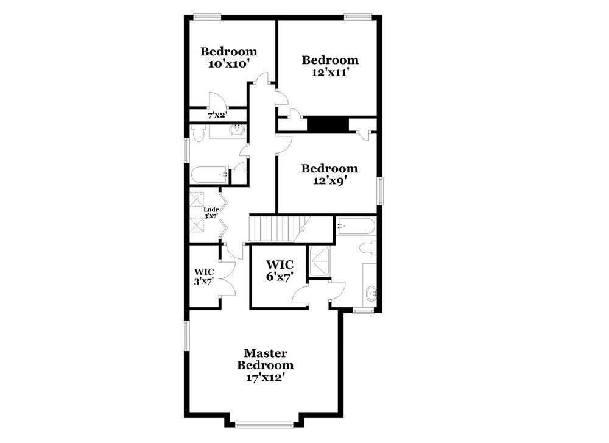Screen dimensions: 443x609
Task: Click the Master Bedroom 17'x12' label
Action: [x=265, y=365]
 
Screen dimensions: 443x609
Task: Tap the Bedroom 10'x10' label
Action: [x=228, y=57]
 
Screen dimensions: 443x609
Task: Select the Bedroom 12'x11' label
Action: [x=329, y=66]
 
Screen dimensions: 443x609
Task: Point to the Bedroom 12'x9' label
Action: [x=329, y=174]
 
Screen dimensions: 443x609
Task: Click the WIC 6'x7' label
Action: [x=280, y=271]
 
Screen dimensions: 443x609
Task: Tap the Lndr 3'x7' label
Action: [x=211, y=213]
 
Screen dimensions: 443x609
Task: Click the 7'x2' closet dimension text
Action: [x=217, y=115]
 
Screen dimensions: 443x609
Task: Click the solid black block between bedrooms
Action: [x=327, y=124]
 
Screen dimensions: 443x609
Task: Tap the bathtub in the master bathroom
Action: [x=356, y=227]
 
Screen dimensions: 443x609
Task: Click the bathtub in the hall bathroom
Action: [x=209, y=175]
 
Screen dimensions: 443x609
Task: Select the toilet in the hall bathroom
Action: [x=198, y=133]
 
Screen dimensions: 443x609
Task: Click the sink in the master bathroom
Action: [x=371, y=295]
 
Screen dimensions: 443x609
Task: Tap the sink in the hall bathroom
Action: [x=237, y=129]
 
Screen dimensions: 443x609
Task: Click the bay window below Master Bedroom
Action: [x=266, y=424]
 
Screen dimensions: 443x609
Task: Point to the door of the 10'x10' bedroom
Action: [x=262, y=79]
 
